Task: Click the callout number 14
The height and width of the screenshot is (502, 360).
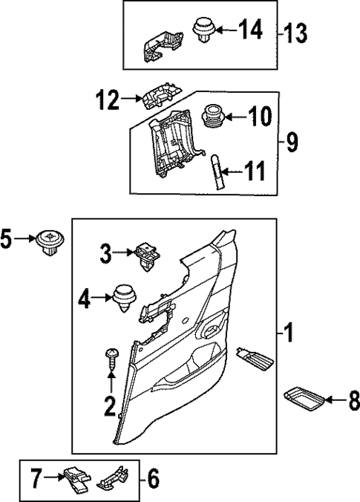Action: [250, 30]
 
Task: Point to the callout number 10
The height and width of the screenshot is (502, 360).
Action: [260, 117]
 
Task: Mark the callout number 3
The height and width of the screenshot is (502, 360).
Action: [106, 255]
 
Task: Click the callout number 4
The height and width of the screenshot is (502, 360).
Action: [84, 299]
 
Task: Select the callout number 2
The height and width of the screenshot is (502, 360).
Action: [110, 406]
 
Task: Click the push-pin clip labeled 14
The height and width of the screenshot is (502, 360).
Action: [203, 30]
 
